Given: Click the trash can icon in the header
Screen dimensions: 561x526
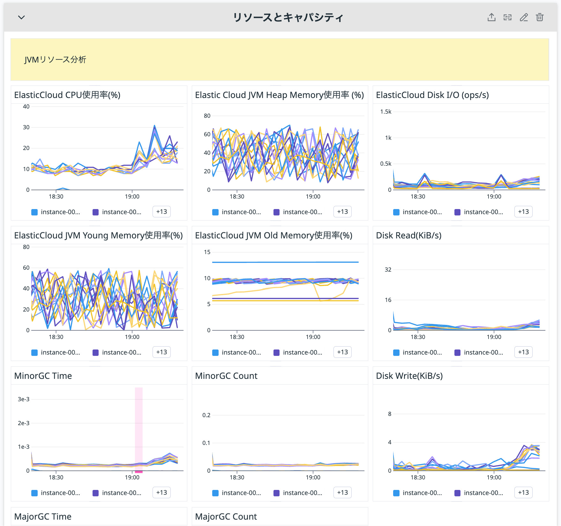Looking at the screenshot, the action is (540, 17).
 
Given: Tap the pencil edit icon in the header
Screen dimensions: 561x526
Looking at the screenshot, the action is (524, 17).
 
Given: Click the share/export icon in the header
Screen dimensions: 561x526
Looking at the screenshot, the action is (491, 17).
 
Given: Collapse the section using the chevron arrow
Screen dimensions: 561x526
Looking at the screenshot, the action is (21, 17).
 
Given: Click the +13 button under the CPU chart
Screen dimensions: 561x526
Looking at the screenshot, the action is (161, 212).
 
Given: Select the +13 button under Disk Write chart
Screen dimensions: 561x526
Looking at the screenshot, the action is (523, 492).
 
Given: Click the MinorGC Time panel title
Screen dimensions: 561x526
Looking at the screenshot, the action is (43, 376).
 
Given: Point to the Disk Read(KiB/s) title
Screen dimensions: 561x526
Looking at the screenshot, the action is (409, 235).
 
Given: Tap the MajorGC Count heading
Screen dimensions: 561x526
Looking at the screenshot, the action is (226, 516).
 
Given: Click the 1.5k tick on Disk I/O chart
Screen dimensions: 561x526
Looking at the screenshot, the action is (385, 112).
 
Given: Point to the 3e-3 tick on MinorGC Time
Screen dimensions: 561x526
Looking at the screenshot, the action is (24, 399).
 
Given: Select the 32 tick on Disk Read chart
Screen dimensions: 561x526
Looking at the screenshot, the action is (388, 269).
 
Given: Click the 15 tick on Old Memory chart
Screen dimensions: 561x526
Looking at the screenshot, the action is (207, 252).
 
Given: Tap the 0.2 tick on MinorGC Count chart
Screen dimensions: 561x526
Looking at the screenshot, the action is (206, 415).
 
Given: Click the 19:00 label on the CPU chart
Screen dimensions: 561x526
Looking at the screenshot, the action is (132, 197).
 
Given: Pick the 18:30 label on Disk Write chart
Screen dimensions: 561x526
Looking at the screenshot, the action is (418, 477).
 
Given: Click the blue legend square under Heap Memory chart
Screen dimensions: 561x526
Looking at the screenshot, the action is (215, 212).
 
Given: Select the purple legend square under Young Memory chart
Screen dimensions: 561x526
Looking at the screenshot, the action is (95, 353).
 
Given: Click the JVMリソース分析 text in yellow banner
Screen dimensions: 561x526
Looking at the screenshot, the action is (55, 60).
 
